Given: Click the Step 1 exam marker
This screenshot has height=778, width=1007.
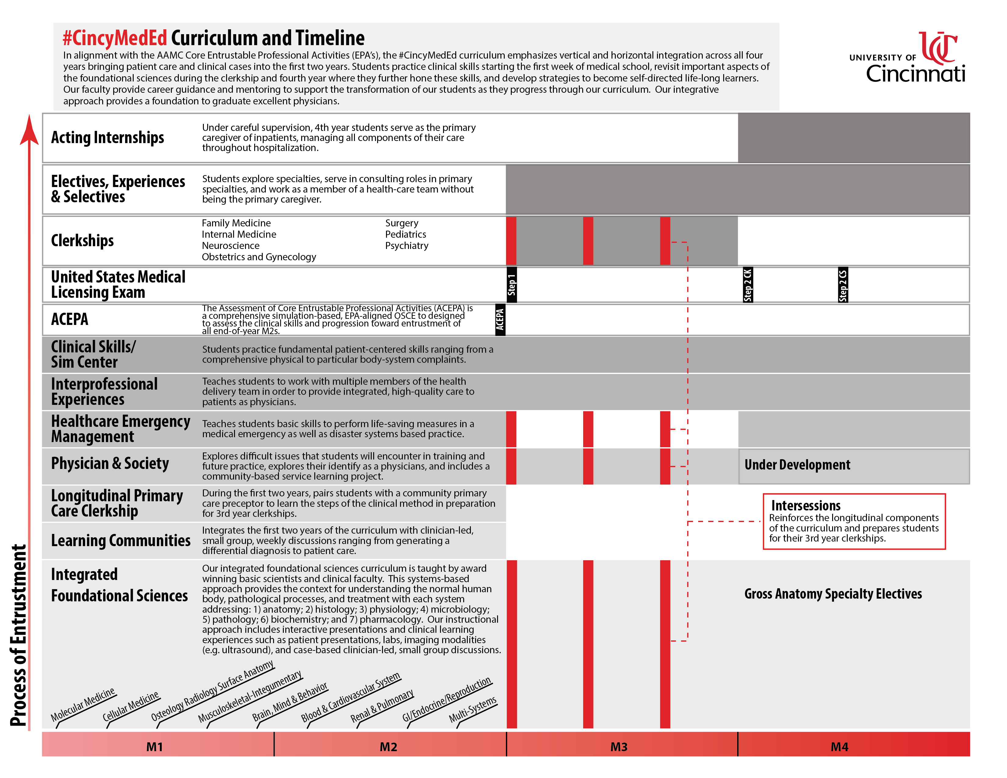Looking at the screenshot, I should point(511,284).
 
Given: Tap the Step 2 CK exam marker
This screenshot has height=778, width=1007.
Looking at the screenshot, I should point(747,284).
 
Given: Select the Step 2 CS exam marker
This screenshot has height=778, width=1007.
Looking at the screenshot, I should point(843,284).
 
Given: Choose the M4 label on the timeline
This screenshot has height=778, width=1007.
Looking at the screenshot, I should point(839,747).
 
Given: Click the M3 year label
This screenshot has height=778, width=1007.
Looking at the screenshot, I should point(619,747).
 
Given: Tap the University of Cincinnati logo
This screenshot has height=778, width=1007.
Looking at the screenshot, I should point(913,58).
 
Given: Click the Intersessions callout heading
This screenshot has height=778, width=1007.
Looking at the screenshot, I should point(806,506).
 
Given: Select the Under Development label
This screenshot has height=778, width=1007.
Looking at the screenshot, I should point(797,465).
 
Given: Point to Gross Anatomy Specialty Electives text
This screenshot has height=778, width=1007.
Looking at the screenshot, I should point(833,594).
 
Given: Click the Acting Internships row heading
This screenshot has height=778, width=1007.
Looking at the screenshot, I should point(107,137).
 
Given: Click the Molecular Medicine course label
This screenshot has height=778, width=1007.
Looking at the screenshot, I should point(83,705).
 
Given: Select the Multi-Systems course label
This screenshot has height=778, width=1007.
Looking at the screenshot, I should point(473,710).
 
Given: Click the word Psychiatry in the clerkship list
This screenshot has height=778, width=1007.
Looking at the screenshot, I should point(407,246).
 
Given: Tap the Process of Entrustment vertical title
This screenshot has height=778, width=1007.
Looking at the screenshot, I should point(18,636).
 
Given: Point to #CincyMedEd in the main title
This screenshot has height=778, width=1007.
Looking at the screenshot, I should point(115,38).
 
